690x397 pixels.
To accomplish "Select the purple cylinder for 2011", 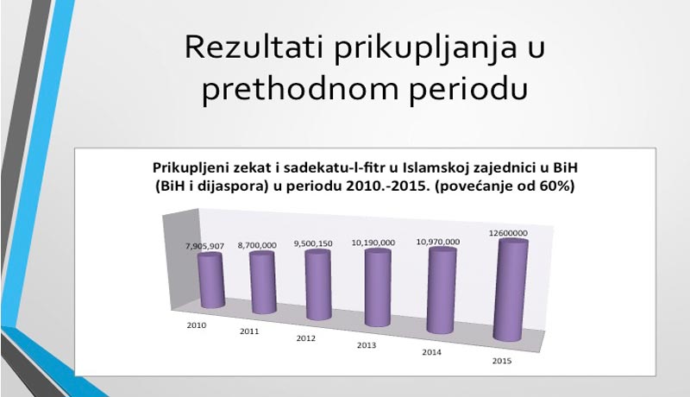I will [262, 284].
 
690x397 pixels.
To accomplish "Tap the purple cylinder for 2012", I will [317, 286].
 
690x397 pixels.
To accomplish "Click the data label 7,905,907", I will [204, 246].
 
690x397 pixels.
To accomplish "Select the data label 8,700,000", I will [256, 245].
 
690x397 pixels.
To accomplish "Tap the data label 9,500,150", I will [313, 244].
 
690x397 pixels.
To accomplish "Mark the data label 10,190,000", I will [374, 243].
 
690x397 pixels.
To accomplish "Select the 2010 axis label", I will [197, 325].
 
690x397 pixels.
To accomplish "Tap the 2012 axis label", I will [306, 338].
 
